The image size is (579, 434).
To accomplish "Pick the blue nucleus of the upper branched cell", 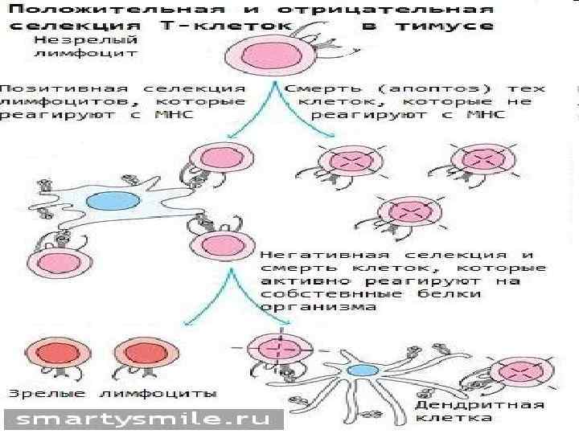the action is point(105,199).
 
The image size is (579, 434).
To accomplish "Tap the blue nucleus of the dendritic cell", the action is point(363,371).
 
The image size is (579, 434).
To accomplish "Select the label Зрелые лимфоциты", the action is point(113,394).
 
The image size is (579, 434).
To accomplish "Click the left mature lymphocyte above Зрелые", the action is point(50,354).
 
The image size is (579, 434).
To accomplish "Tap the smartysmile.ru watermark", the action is point(145,420).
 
